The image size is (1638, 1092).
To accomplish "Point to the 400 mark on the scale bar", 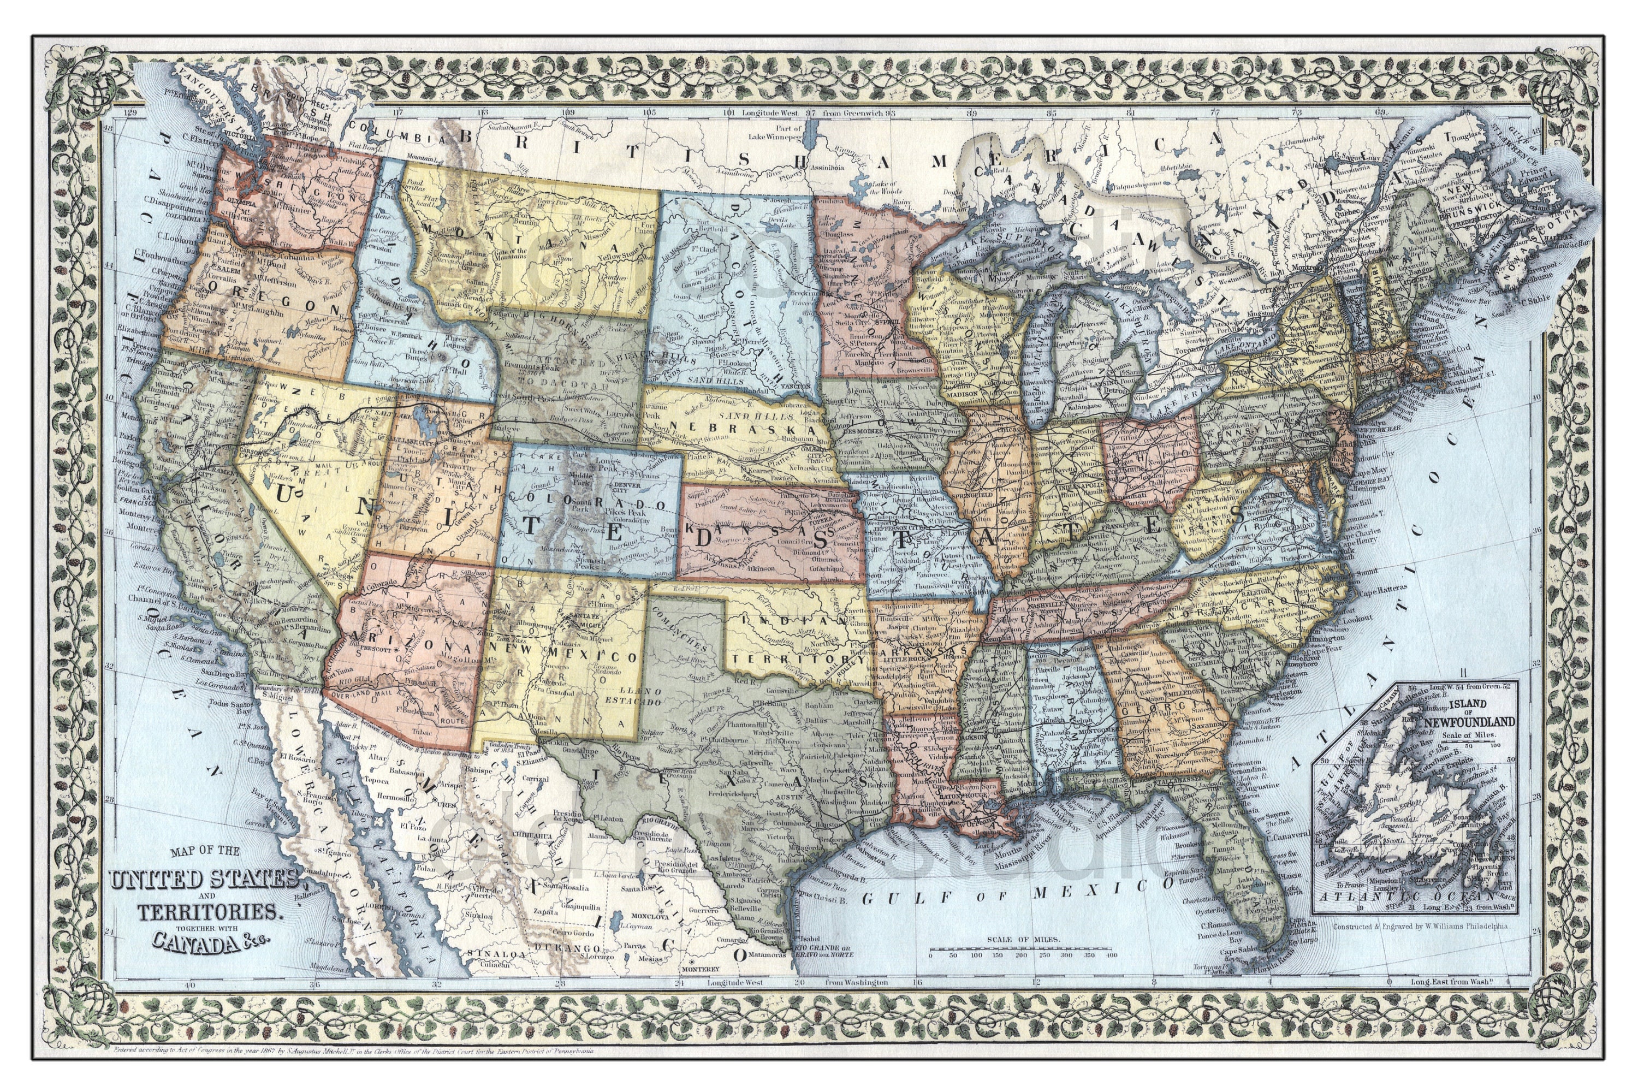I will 1112,956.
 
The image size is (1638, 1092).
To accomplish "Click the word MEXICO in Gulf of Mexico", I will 1094,891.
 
